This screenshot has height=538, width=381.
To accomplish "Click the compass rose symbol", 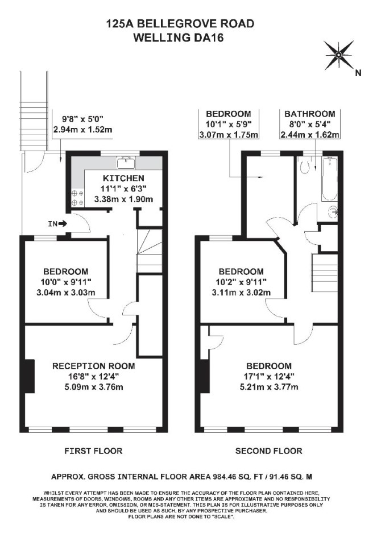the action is (x=339, y=55).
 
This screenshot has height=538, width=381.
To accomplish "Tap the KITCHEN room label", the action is (x=123, y=178).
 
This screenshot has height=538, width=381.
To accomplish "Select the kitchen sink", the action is (x=126, y=162).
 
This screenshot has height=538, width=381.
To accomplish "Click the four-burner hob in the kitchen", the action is (x=77, y=198).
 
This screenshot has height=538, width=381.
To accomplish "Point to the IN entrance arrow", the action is (x=63, y=224).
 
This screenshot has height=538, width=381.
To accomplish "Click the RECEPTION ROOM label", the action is (x=93, y=366).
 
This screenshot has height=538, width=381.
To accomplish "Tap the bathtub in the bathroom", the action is (x=329, y=179).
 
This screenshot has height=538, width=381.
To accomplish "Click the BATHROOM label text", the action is (x=310, y=114).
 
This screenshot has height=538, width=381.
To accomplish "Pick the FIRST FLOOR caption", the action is (x=93, y=451).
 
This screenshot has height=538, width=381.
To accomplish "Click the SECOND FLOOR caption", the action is (x=268, y=451).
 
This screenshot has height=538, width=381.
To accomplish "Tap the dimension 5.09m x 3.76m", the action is (x=94, y=387).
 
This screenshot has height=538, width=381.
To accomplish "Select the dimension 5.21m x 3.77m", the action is (x=269, y=387).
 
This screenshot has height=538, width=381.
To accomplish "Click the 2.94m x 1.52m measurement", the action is (x=83, y=130).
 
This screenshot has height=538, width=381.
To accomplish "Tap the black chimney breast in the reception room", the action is (x=30, y=376).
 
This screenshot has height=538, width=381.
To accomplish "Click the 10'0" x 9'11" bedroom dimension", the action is (x=65, y=282).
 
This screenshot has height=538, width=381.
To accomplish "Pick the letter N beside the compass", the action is (x=358, y=73).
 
